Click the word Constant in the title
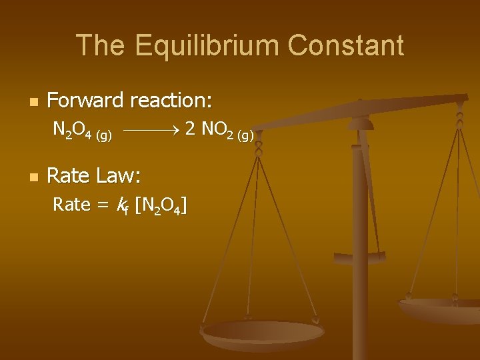point(346,45)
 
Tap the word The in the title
point(101,45)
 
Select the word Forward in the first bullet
point(85,101)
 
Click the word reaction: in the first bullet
point(171,101)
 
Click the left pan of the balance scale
point(263,332)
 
